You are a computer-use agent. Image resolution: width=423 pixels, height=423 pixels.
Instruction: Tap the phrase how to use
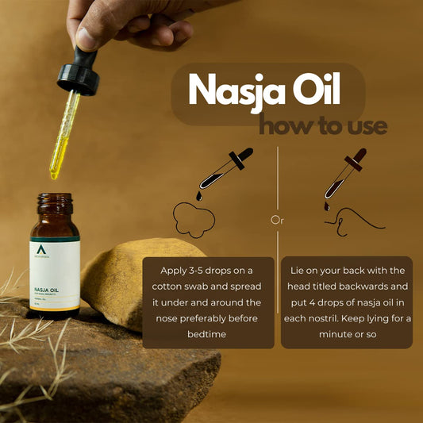pos(323,125)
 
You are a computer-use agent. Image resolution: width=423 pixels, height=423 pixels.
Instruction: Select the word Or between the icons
pos(278,219)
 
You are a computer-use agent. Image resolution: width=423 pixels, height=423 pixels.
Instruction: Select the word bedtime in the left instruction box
pos(208,334)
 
